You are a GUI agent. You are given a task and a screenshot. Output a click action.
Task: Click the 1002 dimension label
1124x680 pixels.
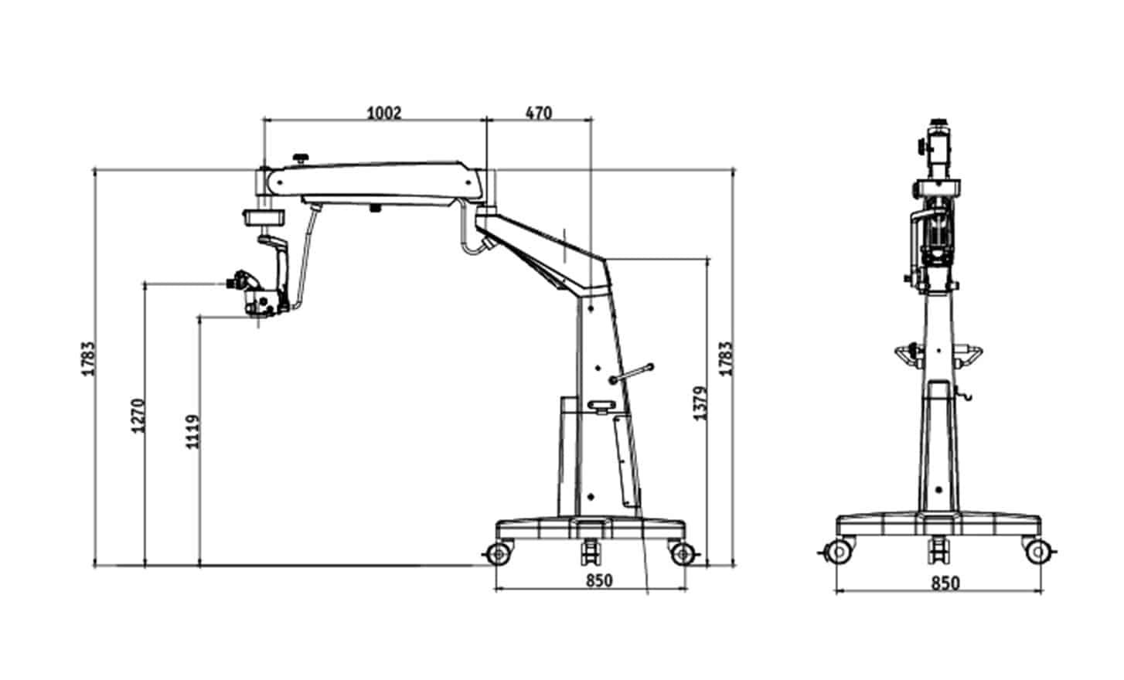(384, 113)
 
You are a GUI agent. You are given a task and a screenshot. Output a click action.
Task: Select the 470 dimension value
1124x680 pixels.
(539, 113)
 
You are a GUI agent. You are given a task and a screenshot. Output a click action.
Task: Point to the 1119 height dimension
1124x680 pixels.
(192, 432)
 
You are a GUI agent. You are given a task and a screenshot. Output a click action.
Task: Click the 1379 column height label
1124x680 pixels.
(700, 403)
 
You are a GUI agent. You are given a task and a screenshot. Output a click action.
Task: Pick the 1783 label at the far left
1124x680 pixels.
(88, 358)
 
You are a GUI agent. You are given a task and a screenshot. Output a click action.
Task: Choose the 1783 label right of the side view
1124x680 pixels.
(726, 358)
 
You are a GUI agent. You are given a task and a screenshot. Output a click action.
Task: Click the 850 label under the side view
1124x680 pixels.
(599, 580)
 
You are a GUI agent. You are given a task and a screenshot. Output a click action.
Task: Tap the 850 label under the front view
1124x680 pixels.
(945, 583)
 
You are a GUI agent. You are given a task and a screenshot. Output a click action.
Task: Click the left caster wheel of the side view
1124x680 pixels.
(499, 554)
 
